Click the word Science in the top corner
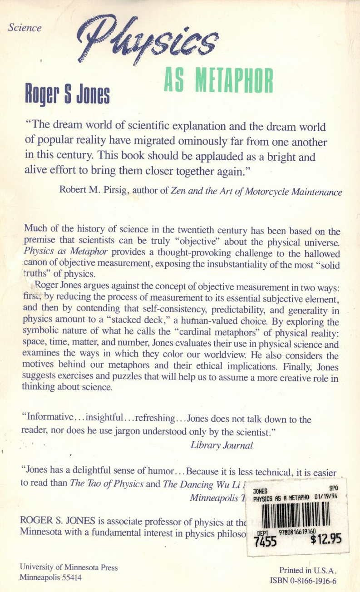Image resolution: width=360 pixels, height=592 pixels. click(25, 28)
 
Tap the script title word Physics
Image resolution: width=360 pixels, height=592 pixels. click(148, 40)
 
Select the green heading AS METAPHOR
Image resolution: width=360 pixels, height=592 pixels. click(218, 82)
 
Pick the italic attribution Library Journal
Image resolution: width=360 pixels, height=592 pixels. click(222, 445)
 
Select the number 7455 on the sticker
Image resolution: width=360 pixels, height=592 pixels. click(266, 542)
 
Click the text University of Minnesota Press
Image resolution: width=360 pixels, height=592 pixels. click(69, 567)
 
